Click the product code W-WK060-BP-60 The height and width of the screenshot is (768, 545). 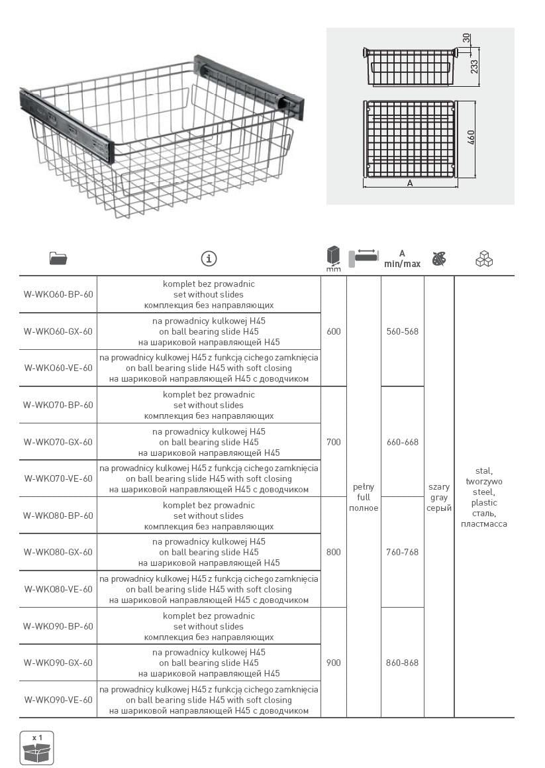click(x=58, y=294)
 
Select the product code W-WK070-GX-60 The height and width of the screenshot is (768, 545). click(x=58, y=442)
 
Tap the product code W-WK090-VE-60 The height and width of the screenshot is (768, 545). click(x=58, y=699)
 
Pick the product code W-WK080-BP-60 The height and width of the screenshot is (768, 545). click(x=58, y=516)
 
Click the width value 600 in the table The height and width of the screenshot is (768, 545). click(x=334, y=331)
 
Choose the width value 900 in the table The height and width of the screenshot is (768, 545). click(x=334, y=663)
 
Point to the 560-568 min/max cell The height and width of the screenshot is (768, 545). click(x=403, y=331)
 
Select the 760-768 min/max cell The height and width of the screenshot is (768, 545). click(x=403, y=552)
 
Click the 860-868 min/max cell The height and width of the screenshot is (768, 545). click(x=403, y=663)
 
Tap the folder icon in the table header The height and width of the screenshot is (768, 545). click(x=58, y=258)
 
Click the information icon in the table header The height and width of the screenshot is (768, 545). click(x=209, y=258)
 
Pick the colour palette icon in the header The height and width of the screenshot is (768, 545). click(x=439, y=258)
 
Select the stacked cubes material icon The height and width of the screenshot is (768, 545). click(x=484, y=258)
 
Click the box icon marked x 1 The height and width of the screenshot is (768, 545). click(x=36, y=748)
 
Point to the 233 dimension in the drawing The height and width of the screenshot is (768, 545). click(x=474, y=67)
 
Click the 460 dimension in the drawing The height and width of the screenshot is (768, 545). click(x=471, y=138)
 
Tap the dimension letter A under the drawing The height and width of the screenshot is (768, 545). click(x=410, y=184)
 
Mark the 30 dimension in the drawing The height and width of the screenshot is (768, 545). click(x=466, y=38)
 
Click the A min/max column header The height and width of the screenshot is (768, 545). click(x=402, y=258)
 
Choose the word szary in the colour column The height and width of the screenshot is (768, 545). click(x=439, y=487)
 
